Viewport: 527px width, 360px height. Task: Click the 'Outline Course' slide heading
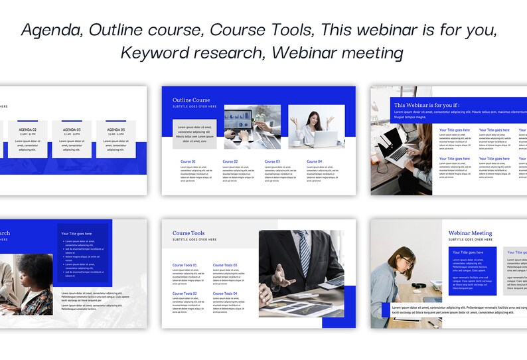pos(191,100)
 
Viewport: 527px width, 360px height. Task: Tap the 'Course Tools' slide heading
pos(188,234)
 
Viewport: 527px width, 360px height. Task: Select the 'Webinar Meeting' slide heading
pos(470,233)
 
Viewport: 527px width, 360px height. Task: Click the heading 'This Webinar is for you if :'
pos(426,105)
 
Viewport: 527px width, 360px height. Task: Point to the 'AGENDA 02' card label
pos(28,130)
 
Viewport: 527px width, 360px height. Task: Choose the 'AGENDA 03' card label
pos(72,130)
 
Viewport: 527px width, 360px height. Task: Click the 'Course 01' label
pos(188,161)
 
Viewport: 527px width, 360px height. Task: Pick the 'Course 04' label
pos(314,161)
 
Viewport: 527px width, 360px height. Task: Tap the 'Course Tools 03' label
pos(224,265)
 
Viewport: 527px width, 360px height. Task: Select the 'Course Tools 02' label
pos(185,294)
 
